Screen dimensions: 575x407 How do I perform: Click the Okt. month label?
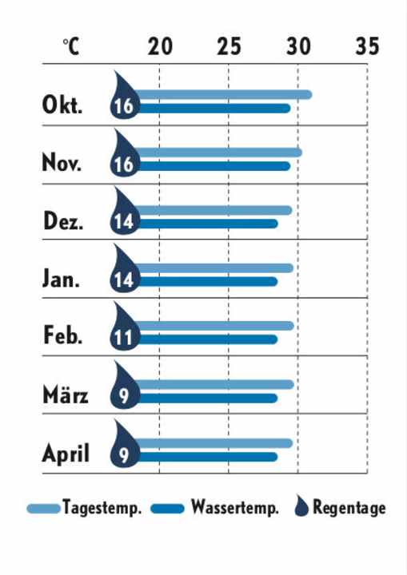coord(62,106)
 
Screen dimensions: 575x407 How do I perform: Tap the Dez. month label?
coord(63,222)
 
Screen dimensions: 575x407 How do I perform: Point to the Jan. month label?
coord(62,280)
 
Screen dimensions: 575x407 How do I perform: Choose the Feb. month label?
coord(63,337)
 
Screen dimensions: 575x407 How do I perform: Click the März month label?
coord(66,395)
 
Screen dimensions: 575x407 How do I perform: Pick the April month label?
coord(66,454)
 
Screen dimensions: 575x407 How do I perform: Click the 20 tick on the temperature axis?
coord(161,46)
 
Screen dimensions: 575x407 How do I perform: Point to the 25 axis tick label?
coord(229,46)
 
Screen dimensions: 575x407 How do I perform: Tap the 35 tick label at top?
coord(367,46)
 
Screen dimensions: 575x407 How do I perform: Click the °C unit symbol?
coord(71,47)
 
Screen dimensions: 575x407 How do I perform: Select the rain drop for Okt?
coord(124,96)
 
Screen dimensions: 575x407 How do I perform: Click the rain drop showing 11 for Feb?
coord(124,327)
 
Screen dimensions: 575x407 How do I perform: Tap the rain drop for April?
coord(124,444)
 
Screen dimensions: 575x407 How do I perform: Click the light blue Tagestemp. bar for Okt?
coord(224,95)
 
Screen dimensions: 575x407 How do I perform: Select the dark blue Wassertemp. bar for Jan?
coord(208,281)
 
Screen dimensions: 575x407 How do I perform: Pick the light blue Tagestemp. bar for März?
coord(216,384)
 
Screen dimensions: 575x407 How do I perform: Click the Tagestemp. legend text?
coord(102,508)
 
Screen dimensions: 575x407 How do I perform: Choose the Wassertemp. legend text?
coord(234,508)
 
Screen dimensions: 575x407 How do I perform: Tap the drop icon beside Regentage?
coord(301,506)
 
